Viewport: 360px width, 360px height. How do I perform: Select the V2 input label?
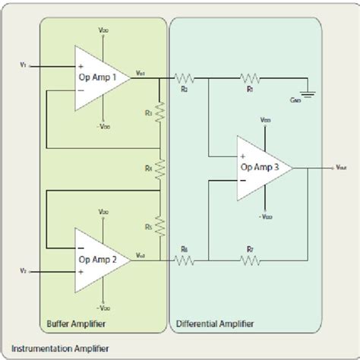coord(24,270)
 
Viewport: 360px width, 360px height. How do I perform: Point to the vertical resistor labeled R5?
coord(160,225)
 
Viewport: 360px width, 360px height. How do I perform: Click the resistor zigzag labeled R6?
coord(185,260)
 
